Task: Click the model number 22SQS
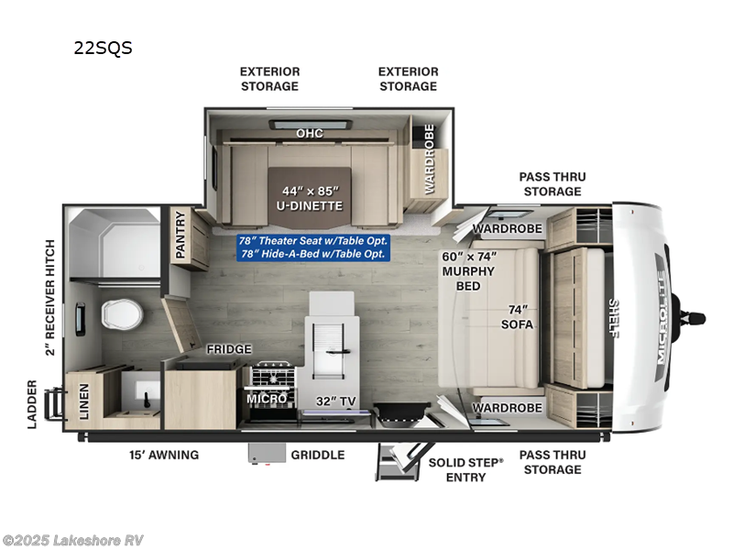pos(103,49)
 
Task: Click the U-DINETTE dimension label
pos(311,198)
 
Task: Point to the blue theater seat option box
pos(313,247)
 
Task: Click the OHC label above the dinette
pos(309,134)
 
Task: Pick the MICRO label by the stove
pos(268,399)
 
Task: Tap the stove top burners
pos(270,376)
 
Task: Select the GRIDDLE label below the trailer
pos(317,455)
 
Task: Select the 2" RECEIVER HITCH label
pos(50,297)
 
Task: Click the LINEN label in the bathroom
pos(84,401)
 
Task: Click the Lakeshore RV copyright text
pos(73,540)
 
